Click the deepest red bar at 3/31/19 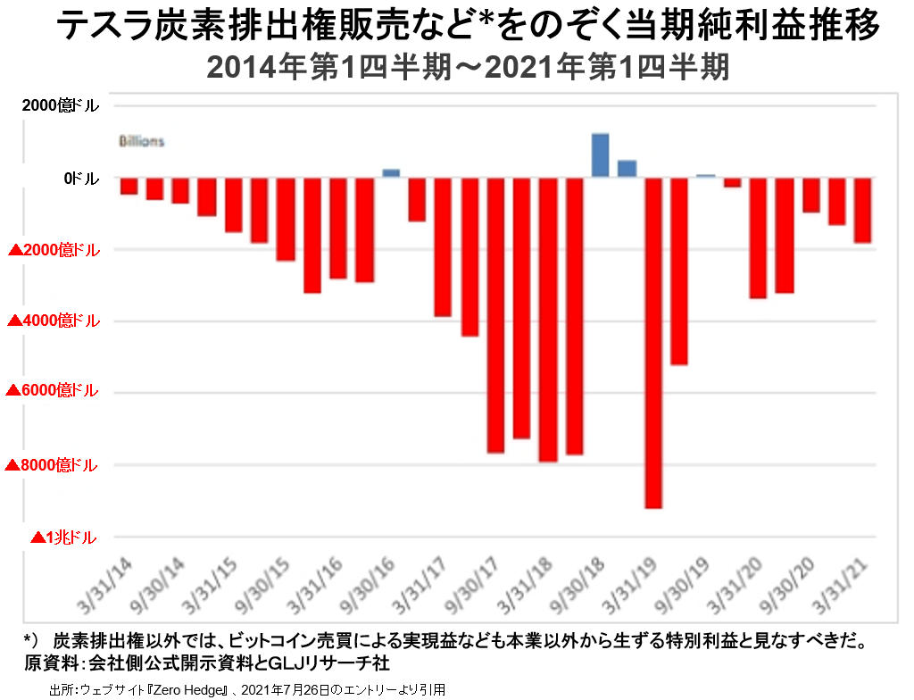coord(654,343)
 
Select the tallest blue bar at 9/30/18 coord(601,155)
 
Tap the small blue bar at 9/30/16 coord(391,173)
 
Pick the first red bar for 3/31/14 coord(129,186)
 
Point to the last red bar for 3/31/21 coord(862,211)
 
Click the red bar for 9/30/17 coord(496,316)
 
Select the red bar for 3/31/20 coord(758,238)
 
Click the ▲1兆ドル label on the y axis coord(63,537)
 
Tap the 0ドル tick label coord(81,179)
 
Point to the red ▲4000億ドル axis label coord(54,321)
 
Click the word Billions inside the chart coord(142,141)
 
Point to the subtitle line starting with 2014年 coord(468,68)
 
